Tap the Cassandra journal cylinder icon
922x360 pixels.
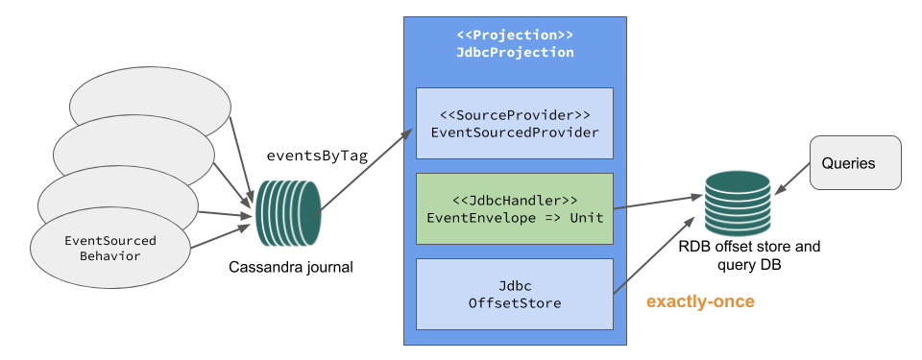[286, 212]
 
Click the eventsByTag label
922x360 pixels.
[317, 156]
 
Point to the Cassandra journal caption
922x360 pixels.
[291, 267]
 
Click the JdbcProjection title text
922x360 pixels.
[515, 53]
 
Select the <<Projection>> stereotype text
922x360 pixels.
[515, 36]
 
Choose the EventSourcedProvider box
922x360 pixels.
[515, 123]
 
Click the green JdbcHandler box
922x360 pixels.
[515, 208]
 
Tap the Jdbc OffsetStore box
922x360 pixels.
[515, 294]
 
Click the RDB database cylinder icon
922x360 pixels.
[737, 197]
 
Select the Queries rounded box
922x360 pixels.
[856, 162]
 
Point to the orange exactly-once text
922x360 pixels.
[700, 301]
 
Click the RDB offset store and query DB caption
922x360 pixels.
[749, 255]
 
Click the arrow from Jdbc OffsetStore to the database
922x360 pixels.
[663, 253]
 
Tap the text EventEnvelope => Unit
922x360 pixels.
[515, 217]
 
